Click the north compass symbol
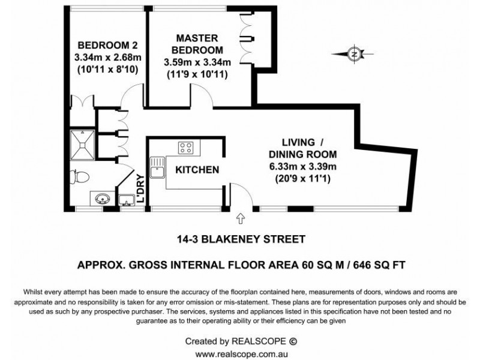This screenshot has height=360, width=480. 355,54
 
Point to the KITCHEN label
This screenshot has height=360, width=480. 197,170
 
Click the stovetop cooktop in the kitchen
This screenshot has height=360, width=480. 185,147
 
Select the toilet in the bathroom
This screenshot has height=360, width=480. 80,176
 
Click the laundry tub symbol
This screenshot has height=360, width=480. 126,198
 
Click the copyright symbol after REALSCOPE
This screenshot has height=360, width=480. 293,341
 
